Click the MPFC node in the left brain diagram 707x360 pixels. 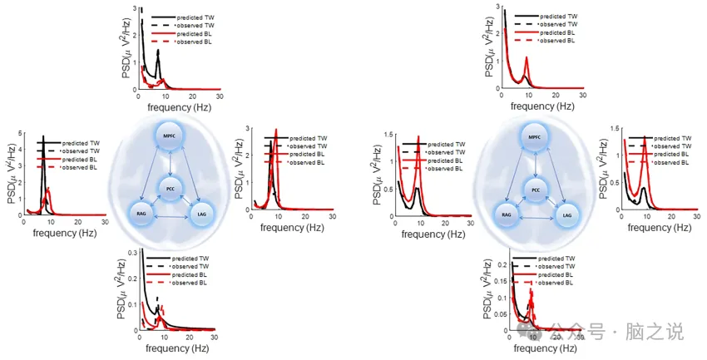tap(170, 136)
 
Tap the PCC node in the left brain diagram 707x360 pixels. tap(170, 189)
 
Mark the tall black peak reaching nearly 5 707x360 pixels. tap(43, 138)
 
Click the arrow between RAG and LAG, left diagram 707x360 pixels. tap(170, 217)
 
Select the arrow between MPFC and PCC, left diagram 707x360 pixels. tap(170, 162)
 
